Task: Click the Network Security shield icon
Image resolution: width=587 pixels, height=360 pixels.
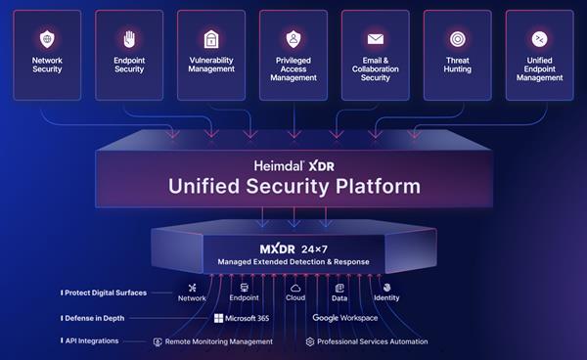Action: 46,40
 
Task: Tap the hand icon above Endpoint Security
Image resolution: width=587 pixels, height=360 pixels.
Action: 129,39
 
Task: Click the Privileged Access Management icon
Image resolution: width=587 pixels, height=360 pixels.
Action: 293,39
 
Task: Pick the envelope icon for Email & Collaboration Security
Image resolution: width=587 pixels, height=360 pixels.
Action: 375,40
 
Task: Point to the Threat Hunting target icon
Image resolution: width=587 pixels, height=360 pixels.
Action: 457,40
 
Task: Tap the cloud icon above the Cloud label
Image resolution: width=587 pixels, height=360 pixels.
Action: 295,288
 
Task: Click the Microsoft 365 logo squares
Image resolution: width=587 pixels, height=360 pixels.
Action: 219,318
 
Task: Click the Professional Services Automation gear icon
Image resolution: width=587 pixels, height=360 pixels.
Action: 310,342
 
